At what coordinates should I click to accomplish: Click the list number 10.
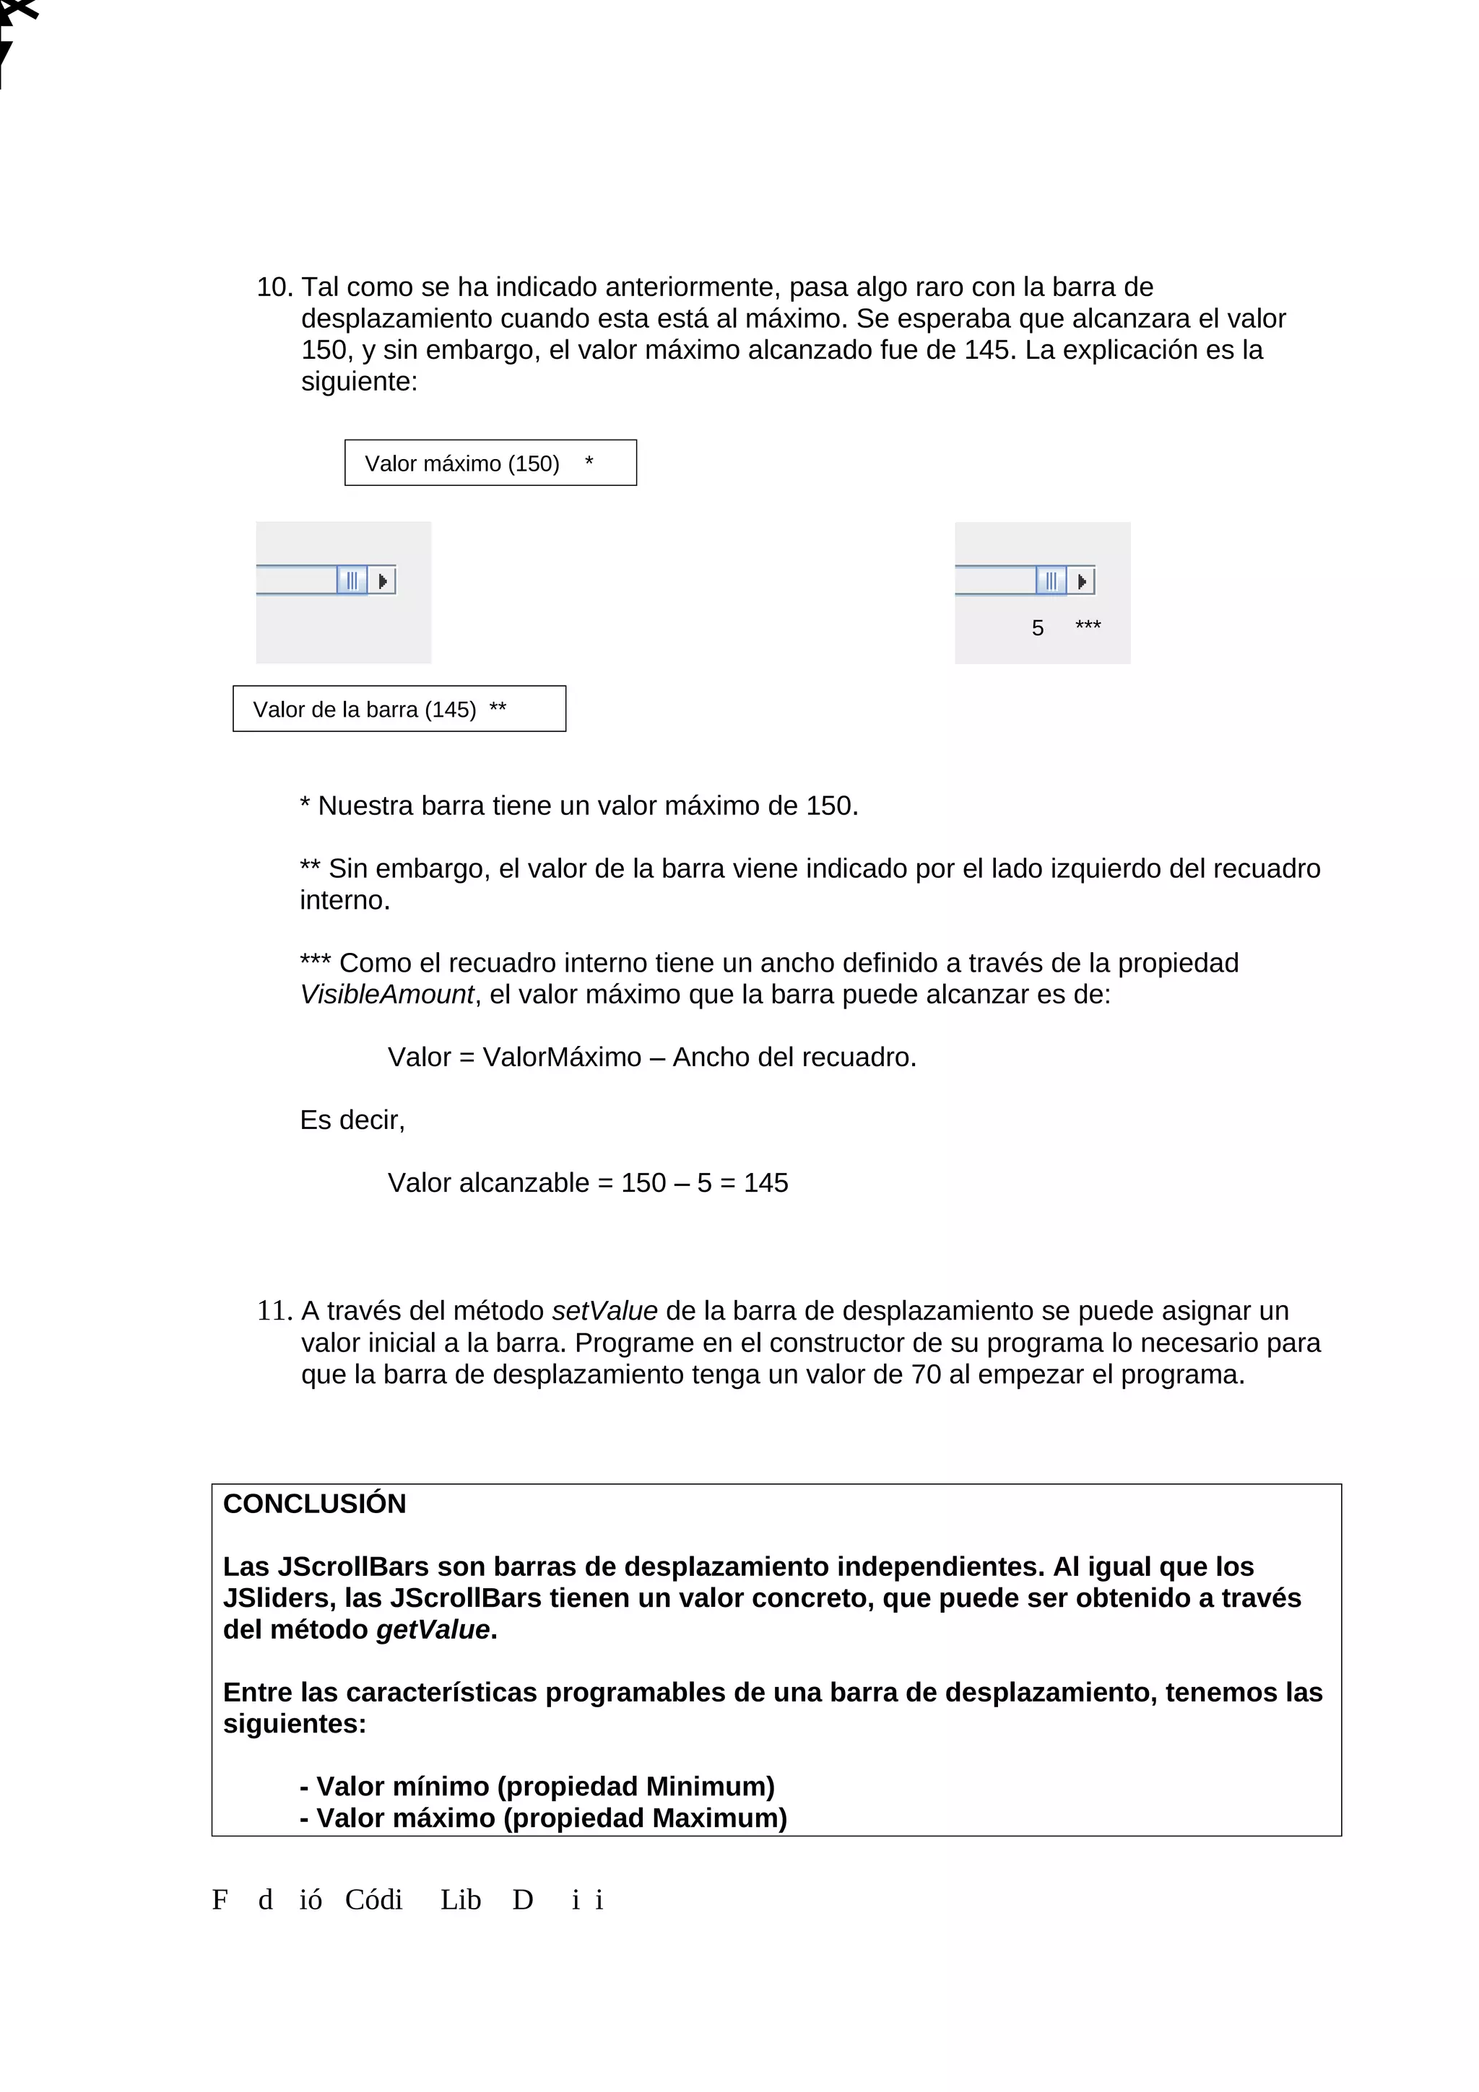click(274, 288)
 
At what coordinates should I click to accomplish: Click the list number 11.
click(274, 1311)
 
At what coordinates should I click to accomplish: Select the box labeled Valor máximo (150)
click(490, 463)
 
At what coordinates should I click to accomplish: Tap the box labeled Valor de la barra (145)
click(399, 709)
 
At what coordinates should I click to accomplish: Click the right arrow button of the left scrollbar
click(383, 580)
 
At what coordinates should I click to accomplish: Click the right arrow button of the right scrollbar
click(1082, 580)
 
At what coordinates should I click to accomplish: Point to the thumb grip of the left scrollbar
click(352, 580)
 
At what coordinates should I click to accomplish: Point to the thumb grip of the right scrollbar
click(1051, 580)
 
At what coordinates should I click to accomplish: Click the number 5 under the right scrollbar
click(1037, 628)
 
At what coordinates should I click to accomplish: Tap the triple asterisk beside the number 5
click(1088, 626)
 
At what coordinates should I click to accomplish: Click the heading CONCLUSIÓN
click(314, 1504)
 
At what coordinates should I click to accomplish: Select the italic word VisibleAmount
click(386, 994)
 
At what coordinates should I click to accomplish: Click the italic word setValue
click(604, 1311)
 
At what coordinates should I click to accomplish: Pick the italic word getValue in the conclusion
click(433, 1630)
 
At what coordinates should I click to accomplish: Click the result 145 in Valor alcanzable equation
click(765, 1182)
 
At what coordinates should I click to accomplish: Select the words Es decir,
click(352, 1120)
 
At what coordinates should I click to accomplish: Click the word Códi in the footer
click(373, 1900)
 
